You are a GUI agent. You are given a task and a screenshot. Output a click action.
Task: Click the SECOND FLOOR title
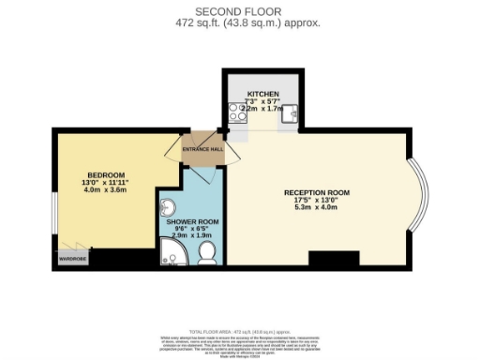point(241,10)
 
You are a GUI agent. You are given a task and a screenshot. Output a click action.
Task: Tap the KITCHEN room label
point(263,95)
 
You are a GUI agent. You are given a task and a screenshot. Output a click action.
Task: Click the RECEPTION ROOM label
point(316,192)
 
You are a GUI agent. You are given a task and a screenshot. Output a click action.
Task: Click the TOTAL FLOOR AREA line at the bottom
point(241,332)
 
